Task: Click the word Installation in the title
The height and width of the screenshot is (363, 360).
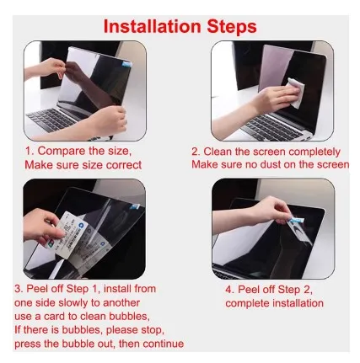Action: [152, 27]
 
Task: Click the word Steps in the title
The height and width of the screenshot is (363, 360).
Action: [232, 27]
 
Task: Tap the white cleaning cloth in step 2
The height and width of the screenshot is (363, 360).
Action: [296, 93]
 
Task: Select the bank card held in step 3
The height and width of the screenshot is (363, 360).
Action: [73, 235]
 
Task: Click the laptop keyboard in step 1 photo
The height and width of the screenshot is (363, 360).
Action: [51, 119]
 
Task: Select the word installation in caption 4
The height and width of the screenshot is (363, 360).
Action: [298, 303]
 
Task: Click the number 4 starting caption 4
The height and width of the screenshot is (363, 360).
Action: [229, 290]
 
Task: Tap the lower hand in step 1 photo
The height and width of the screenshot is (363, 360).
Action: [108, 120]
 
